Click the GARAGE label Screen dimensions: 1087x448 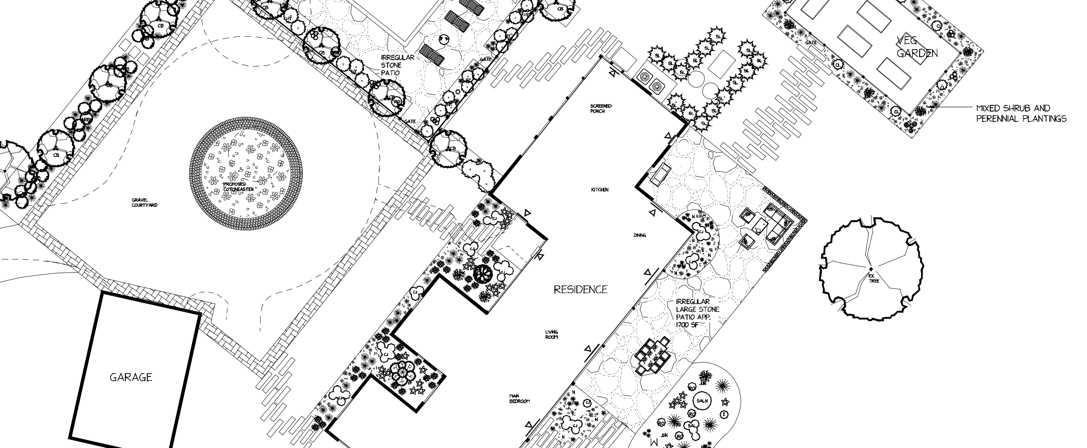point(131,377)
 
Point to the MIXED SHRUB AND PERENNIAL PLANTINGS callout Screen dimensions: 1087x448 point(1021,113)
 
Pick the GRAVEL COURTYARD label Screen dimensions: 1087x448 point(144,203)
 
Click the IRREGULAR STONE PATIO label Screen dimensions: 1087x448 point(397,65)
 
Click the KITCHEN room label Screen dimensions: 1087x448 point(600,190)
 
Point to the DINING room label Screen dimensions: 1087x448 point(640,235)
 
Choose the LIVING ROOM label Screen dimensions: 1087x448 point(552,334)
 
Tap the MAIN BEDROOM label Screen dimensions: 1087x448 point(519,398)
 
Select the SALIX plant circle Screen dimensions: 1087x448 point(703,401)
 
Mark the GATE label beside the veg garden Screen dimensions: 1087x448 point(811,42)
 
